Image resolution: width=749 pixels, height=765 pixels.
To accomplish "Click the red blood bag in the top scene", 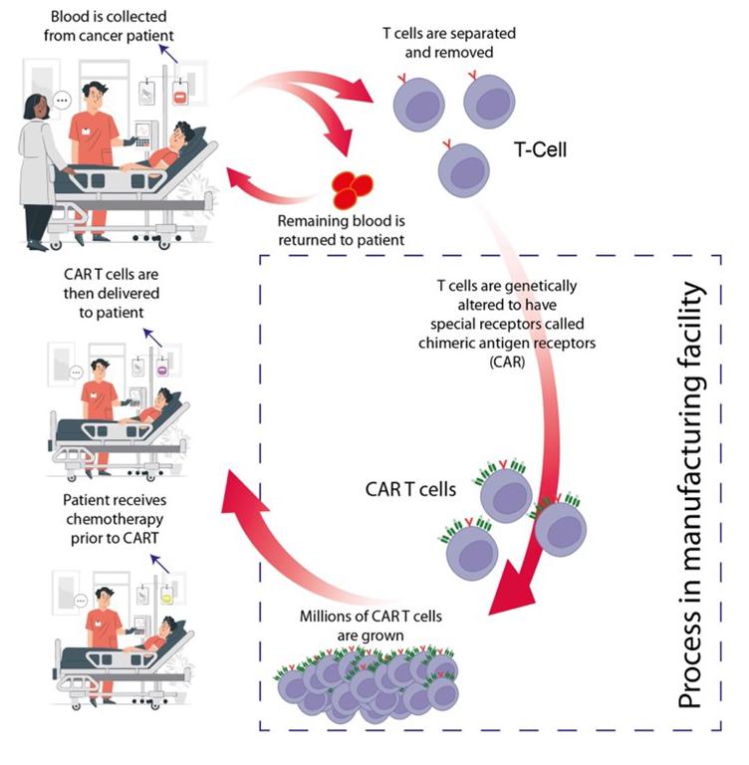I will (x=180, y=98).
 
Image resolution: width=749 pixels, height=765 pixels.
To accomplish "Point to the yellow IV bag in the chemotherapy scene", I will (x=170, y=601).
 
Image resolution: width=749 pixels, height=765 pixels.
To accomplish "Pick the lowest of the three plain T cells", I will (x=464, y=167).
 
